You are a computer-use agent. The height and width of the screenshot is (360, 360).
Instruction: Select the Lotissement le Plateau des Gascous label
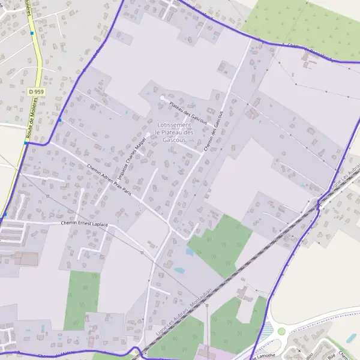(175, 132)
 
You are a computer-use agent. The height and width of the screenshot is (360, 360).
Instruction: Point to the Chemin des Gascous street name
(214, 130)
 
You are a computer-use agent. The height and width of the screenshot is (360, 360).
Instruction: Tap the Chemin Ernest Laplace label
(85, 224)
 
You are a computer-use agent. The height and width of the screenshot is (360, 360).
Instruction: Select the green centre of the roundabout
(281, 331)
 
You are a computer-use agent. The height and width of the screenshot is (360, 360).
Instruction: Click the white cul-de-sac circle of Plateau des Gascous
(162, 98)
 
